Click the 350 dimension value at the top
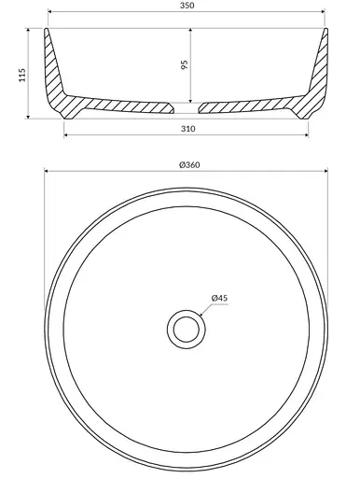(187, 6)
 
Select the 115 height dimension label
(22, 75)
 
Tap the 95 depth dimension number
(185, 64)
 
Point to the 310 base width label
(188, 129)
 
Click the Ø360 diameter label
(189, 165)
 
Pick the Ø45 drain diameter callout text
(219, 298)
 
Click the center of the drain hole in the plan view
(187, 330)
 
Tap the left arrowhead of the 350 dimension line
(49, 12)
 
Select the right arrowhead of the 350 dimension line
(323, 12)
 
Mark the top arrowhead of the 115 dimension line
(28, 30)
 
